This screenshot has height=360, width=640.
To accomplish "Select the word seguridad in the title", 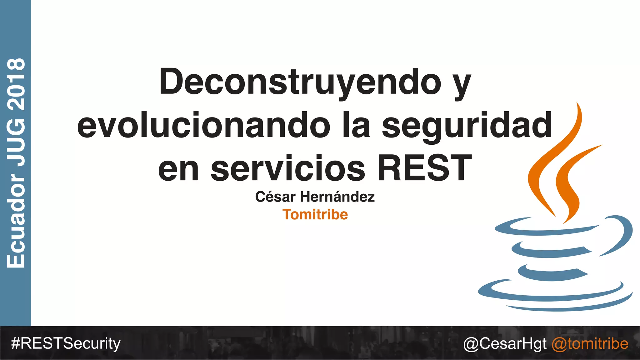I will point(467,126).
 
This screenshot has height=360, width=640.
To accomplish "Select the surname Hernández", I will point(337,197).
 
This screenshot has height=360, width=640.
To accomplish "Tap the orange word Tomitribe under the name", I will point(315,215).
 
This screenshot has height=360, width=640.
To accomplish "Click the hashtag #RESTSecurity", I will point(66,343).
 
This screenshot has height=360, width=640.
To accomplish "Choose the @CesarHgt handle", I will point(505,343).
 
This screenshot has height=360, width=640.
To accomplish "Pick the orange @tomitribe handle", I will point(590,343).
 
